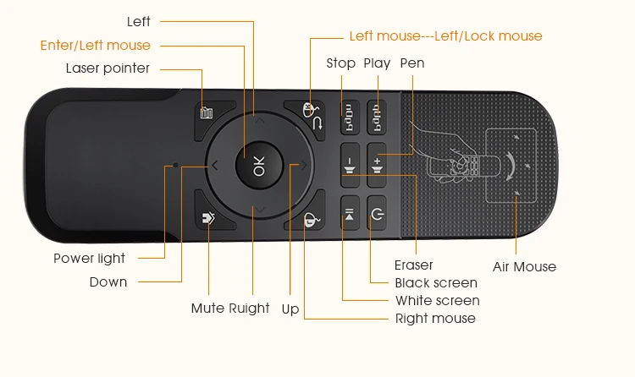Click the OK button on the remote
coord(259,167)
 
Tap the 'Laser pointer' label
coord(108,68)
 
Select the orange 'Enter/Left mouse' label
coord(95,46)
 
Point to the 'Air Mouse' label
coord(524,267)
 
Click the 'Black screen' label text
coord(436,283)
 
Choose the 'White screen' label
coord(437,301)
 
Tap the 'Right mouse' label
coord(435,319)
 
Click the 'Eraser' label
coord(414,265)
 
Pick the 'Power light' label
coord(89,259)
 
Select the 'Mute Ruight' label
coord(230,309)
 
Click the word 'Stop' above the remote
coord(341,63)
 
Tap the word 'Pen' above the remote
coord(412,63)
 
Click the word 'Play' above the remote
coord(377,63)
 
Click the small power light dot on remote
coord(175,165)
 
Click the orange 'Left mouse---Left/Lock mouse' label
coord(445,36)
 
